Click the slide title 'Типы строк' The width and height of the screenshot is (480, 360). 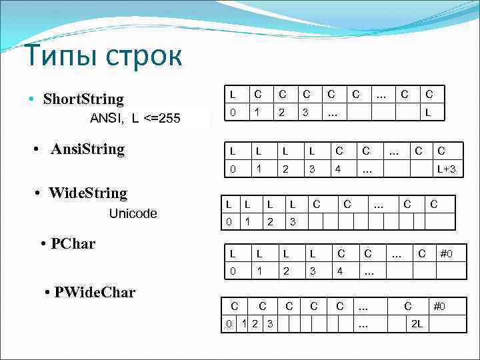pos(104,56)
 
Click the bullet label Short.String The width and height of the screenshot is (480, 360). pos(83,99)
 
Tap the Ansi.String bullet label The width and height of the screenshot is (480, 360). pos(87,149)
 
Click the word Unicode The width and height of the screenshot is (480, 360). pos(133,213)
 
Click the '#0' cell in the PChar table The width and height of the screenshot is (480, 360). pos(446,253)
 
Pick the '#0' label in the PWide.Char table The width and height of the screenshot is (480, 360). pos(440,307)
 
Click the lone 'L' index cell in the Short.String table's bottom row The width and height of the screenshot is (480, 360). pos(429,113)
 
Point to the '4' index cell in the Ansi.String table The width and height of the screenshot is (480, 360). pos(339,170)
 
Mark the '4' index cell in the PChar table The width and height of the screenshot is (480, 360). pos(339,272)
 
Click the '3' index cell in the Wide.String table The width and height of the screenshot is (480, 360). pos(292,221)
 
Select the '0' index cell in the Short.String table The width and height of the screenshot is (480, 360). pos(232,113)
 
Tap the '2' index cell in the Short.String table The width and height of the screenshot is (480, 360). pos(282,113)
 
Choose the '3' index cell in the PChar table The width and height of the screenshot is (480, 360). pos(312,272)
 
